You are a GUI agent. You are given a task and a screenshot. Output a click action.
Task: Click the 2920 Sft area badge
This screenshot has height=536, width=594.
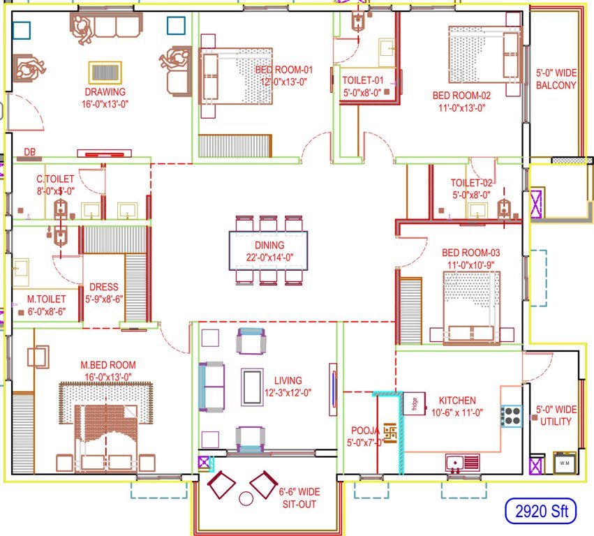point(541,512)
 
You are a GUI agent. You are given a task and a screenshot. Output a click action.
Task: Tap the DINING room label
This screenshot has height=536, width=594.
point(269,245)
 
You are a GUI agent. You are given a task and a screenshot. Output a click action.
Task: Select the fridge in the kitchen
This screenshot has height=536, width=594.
point(414,404)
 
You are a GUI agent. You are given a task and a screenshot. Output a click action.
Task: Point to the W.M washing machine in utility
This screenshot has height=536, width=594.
point(563,463)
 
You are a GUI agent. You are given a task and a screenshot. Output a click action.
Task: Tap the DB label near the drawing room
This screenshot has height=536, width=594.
point(30,151)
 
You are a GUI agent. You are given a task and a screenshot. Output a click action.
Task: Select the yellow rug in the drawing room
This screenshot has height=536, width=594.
point(105,73)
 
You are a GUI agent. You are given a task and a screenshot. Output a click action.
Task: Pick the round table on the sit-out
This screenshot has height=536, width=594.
point(246,499)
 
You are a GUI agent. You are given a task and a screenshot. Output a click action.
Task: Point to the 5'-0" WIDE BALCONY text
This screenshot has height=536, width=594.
point(556,79)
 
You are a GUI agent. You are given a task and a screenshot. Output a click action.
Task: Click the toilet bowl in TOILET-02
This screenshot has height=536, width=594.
point(503,208)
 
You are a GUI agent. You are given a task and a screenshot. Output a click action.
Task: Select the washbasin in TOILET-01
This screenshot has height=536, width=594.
point(386,48)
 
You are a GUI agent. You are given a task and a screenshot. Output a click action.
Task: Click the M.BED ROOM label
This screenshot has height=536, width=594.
point(108,365)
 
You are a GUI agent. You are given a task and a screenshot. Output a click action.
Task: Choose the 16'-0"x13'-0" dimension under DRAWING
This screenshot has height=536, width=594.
point(105,103)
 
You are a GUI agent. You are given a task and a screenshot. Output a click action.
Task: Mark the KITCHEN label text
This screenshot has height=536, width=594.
point(457,401)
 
